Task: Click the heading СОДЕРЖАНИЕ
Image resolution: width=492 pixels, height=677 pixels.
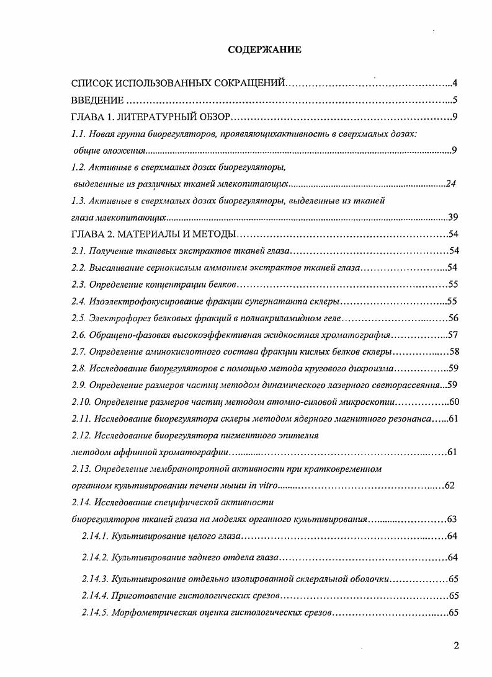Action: point(264,50)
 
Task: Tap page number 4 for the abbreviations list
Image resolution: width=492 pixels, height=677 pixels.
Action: point(455,83)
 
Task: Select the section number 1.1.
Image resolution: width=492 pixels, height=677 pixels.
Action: point(78,134)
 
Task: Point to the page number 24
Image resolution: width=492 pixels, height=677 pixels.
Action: point(451,184)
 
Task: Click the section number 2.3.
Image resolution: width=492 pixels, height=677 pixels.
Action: point(78,285)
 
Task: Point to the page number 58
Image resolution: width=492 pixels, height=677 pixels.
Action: point(453,352)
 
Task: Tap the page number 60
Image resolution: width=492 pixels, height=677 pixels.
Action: point(453,402)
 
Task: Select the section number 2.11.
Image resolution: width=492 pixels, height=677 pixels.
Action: point(80,418)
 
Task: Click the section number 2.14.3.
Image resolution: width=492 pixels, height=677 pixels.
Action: point(95,579)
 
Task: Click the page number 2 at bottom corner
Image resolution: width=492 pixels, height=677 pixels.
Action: point(456,646)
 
